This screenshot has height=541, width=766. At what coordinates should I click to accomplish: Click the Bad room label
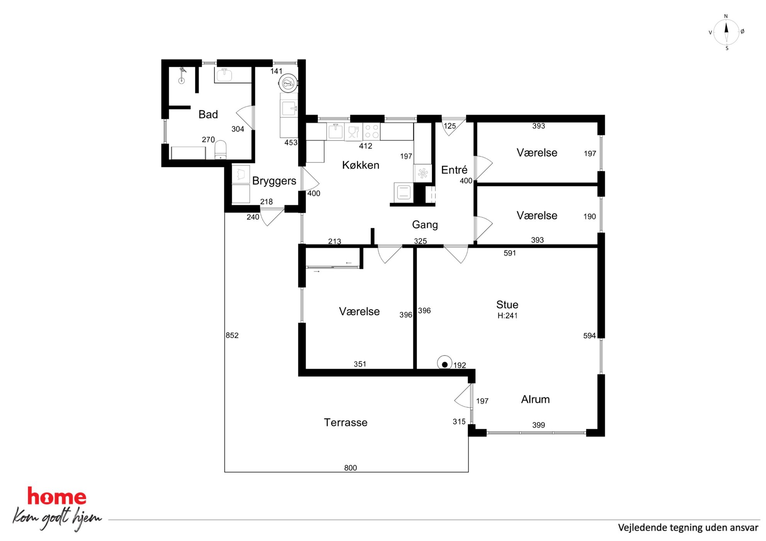coord(208,115)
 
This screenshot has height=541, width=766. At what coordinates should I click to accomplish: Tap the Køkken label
coord(361,165)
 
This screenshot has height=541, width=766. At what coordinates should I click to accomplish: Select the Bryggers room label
coord(274,181)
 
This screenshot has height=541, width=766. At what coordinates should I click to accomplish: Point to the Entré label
coord(454,170)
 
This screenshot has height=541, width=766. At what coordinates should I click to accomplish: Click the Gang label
coord(425,225)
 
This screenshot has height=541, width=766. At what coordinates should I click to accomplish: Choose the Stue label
coord(507,305)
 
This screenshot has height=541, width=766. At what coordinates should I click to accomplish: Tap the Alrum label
coord(535,399)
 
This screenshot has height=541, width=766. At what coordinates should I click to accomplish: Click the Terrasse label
coord(346,423)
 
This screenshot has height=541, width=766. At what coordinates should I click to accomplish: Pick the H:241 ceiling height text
coord(507,316)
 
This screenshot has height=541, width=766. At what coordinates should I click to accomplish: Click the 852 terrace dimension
coord(232,335)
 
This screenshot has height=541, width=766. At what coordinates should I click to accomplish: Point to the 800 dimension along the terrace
coord(351,468)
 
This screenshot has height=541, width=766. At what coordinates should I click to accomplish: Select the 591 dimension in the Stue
coord(510,253)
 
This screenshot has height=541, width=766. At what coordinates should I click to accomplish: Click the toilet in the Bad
coord(220,150)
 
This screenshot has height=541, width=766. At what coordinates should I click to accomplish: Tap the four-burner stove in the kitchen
coord(372,131)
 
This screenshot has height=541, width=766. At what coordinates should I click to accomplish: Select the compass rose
coord(726,32)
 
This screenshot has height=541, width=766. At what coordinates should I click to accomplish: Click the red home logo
coord(57,497)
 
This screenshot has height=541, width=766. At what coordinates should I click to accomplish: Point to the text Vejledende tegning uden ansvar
coord(688,528)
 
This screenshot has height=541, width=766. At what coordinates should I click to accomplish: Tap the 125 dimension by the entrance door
coord(449,126)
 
